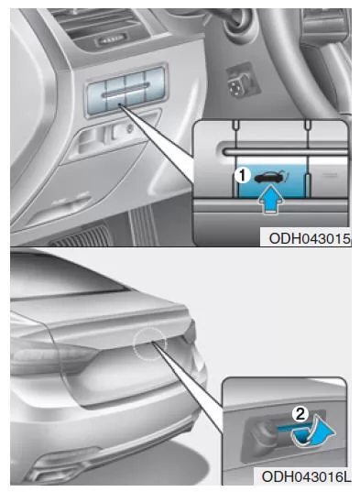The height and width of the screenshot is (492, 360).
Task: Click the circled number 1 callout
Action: pyautogui.click(x=242, y=176)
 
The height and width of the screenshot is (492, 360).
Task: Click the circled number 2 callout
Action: pyautogui.click(x=300, y=414)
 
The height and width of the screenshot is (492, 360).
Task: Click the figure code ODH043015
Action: pyautogui.click(x=310, y=239)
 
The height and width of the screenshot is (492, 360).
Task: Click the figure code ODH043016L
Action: pyautogui.click(x=306, y=476)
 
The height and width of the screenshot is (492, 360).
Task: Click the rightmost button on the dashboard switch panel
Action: pyautogui.click(x=156, y=88)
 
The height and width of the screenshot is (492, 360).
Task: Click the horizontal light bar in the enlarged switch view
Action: pyautogui.click(x=286, y=152)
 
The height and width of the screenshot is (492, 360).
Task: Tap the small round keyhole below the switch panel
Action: pyautogui.click(x=128, y=128)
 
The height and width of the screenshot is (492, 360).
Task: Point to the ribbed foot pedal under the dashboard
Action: pyautogui.click(x=142, y=226)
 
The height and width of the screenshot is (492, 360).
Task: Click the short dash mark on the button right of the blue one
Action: pyautogui.click(x=330, y=175)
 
